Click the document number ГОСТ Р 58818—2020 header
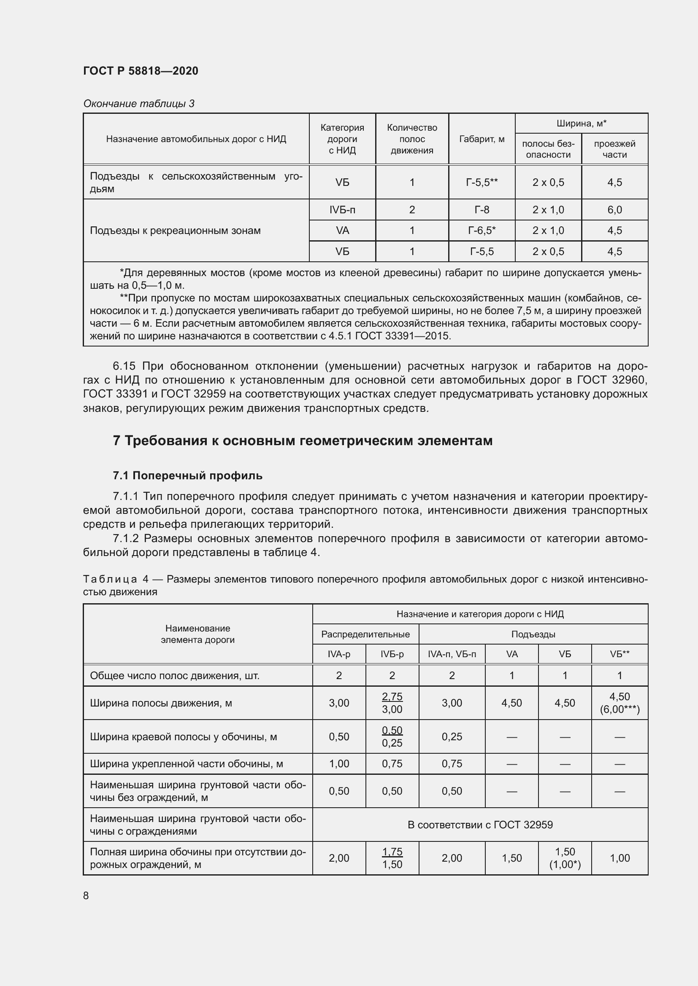141,71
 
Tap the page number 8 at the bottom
86,895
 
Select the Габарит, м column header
482,139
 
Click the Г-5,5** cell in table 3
482,183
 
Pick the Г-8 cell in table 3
482,210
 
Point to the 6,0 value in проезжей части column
614,210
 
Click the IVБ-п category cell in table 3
342,210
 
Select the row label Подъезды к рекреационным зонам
176,231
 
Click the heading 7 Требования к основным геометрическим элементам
303,441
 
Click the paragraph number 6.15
124,366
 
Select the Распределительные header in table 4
365,634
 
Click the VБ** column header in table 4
620,654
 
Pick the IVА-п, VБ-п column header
452,654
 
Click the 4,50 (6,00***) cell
620,703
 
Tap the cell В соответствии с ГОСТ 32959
480,825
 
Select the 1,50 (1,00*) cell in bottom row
565,858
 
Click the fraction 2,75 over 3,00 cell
392,703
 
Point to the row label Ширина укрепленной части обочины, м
187,764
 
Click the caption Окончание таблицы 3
139,104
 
